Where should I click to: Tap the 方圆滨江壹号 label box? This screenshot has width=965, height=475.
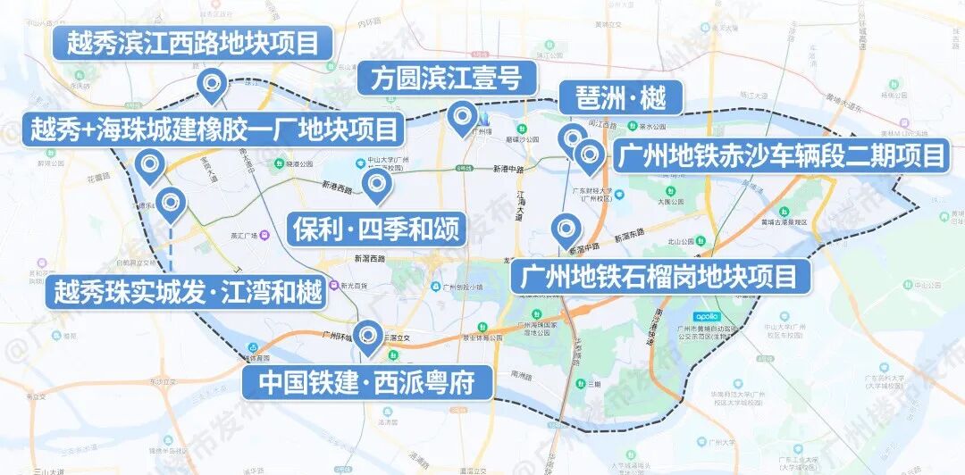pos(440,79)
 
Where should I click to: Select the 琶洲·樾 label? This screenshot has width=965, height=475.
pos(619,97)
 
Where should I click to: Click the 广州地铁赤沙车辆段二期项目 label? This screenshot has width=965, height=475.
pos(780,156)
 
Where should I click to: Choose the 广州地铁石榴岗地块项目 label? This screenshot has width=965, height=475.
pos(659,276)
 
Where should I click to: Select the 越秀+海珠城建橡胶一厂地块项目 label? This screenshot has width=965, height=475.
pos(214,129)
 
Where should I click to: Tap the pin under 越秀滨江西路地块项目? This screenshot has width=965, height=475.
pos(212,85)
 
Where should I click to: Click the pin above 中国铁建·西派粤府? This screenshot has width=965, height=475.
pos(366,335)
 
